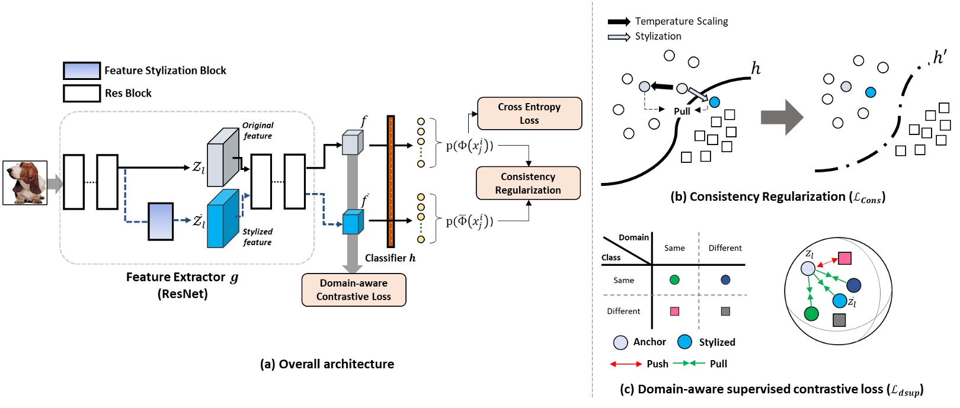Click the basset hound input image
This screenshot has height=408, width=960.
[25, 183]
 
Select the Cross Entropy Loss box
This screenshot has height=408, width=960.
[529, 113]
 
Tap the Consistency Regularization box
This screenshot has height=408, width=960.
[528, 184]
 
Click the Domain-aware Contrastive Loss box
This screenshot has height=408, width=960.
[354, 290]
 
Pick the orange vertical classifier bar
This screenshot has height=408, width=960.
[391, 181]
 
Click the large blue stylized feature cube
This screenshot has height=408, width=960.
[223, 219]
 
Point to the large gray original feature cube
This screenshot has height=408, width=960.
[223, 158]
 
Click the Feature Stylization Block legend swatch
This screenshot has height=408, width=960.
[82, 70]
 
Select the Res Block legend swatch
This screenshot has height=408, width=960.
[82, 93]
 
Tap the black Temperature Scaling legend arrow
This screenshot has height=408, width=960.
[619, 22]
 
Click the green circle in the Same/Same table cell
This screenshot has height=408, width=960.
[674, 280]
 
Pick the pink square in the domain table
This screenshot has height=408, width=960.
[674, 311]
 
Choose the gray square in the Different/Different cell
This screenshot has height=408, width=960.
[725, 311]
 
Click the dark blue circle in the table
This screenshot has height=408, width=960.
[725, 280]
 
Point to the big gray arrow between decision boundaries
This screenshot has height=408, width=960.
[782, 117]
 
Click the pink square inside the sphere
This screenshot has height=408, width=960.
[845, 258]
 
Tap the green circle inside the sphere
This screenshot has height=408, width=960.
[811, 313]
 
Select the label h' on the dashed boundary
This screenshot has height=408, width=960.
[939, 57]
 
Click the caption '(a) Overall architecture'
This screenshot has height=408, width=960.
[327, 364]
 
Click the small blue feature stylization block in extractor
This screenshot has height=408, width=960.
[161, 221]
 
